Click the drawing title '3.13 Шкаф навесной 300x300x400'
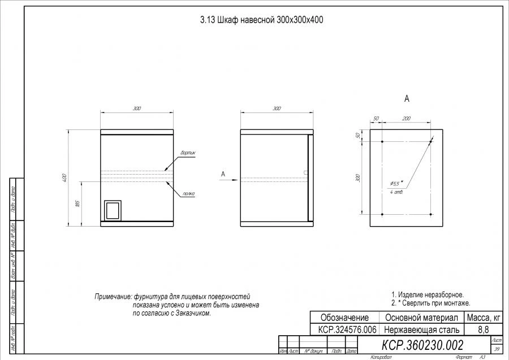[x=261, y=19]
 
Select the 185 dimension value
[x=77, y=203]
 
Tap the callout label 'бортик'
[x=187, y=153]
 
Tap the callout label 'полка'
[x=188, y=194]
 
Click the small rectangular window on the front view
[x=113, y=210]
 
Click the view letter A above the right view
[x=407, y=99]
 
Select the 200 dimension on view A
[x=406, y=119]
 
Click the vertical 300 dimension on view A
[x=357, y=177]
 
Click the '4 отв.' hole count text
[x=396, y=192]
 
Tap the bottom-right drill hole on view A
[x=430, y=214]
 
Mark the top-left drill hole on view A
[x=382, y=141]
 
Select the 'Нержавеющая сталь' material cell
[x=421, y=329]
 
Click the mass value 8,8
[x=483, y=329]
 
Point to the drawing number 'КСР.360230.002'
[x=422, y=345]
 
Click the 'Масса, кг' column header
[x=483, y=317]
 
